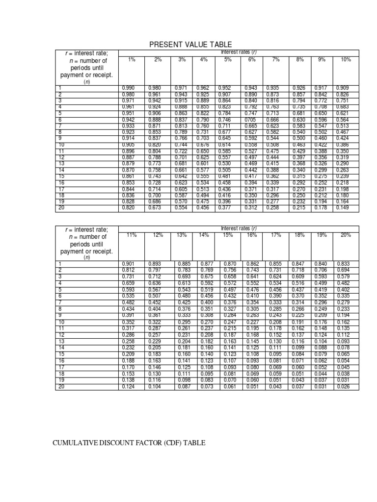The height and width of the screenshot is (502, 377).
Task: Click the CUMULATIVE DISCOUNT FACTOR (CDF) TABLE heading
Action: [129, 443]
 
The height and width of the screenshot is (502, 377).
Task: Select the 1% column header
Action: [132, 59]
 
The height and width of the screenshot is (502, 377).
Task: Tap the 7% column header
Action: [275, 59]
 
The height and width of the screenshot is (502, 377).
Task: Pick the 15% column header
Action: [228, 235]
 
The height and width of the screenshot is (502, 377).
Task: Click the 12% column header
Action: [158, 235]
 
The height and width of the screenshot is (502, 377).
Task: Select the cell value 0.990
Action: [128, 88]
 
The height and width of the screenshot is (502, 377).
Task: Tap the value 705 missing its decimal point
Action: [250, 119]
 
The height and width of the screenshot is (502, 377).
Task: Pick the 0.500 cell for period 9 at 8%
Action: [298, 138]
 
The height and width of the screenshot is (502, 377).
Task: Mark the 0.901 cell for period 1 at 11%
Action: [128, 263]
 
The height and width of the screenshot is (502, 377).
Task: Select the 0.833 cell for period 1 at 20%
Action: [344, 263]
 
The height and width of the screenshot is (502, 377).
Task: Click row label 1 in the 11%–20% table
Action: [59, 263]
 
